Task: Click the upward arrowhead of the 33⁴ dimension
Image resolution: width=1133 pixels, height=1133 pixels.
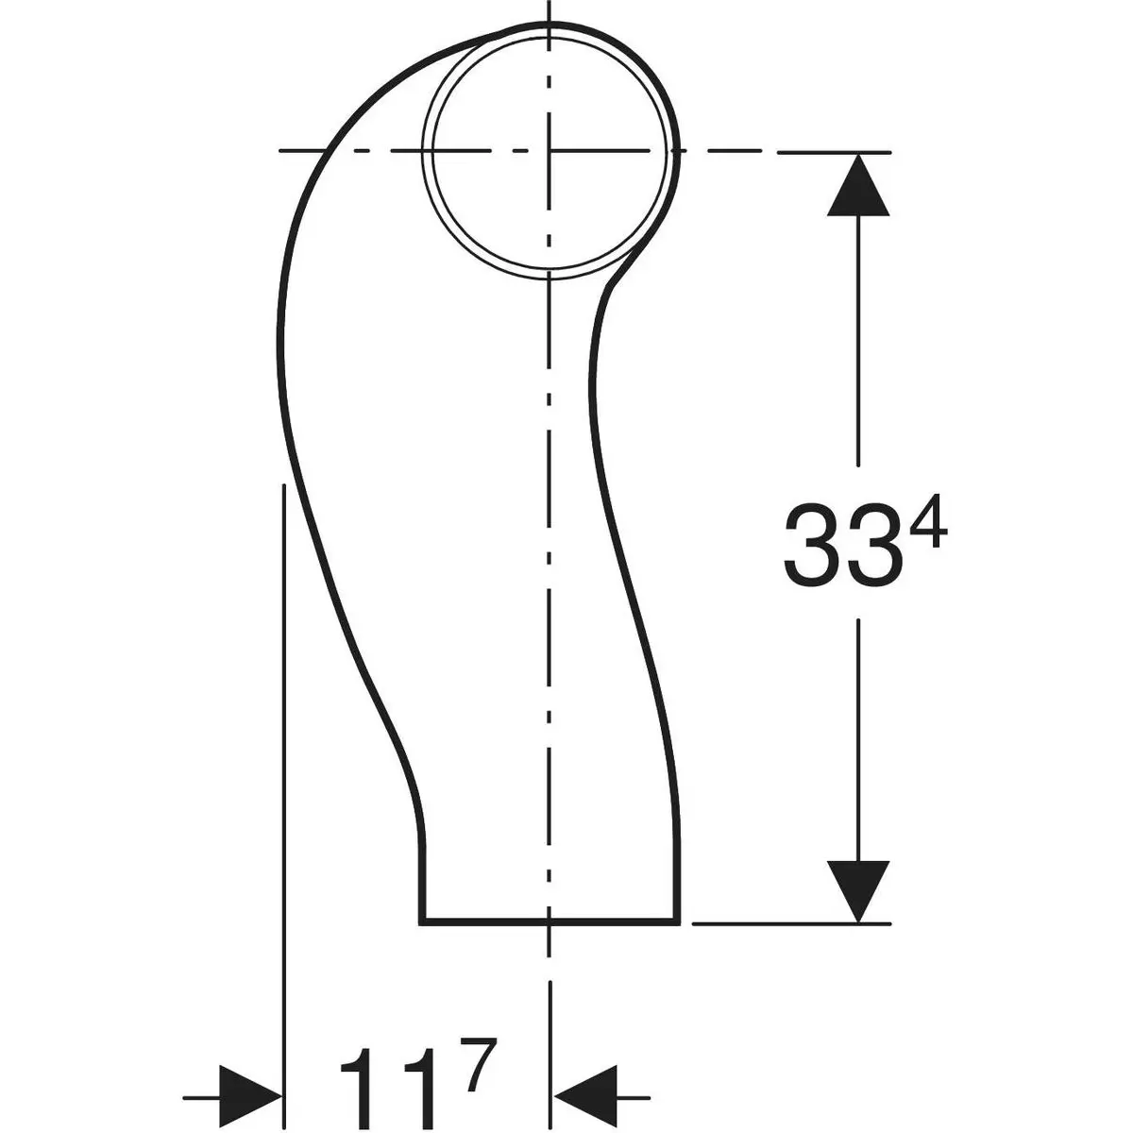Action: [857, 189]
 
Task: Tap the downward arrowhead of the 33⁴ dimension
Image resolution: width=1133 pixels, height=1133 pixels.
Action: [857, 888]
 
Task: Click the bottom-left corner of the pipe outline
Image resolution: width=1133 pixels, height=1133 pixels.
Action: [420, 921]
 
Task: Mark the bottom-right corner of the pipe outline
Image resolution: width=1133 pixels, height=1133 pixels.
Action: [678, 921]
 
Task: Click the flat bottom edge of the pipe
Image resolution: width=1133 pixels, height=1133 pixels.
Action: [491, 921]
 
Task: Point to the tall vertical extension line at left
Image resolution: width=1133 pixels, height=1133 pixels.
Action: [283, 755]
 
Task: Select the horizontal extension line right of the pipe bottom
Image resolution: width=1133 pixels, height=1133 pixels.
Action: [793, 922]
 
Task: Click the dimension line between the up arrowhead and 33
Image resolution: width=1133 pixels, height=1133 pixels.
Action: [857, 340]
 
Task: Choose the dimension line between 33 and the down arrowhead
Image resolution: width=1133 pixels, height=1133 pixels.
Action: [857, 736]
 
